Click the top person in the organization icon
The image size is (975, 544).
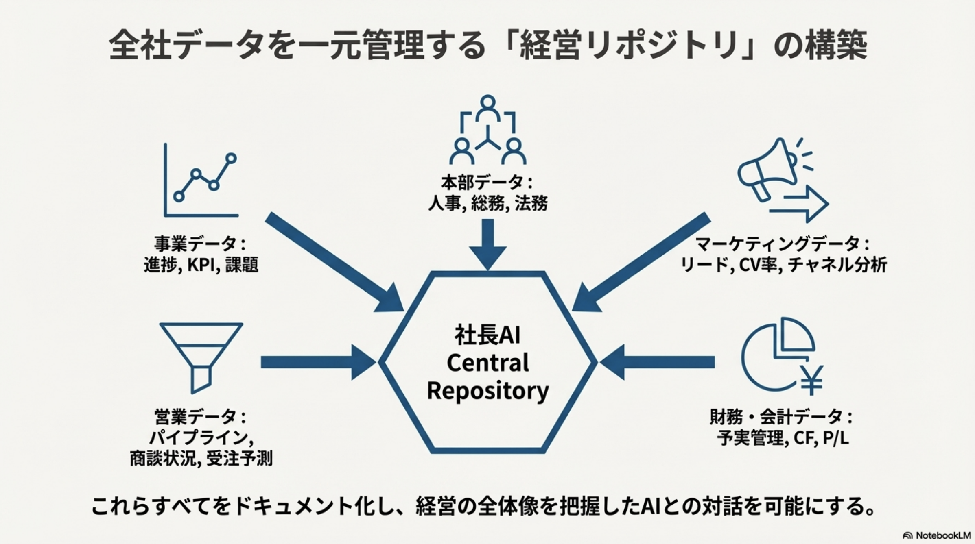[x=488, y=108]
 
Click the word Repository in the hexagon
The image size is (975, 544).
[x=487, y=391]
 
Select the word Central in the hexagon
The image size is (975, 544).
[x=487, y=363]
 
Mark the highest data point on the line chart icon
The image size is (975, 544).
[x=231, y=158]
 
